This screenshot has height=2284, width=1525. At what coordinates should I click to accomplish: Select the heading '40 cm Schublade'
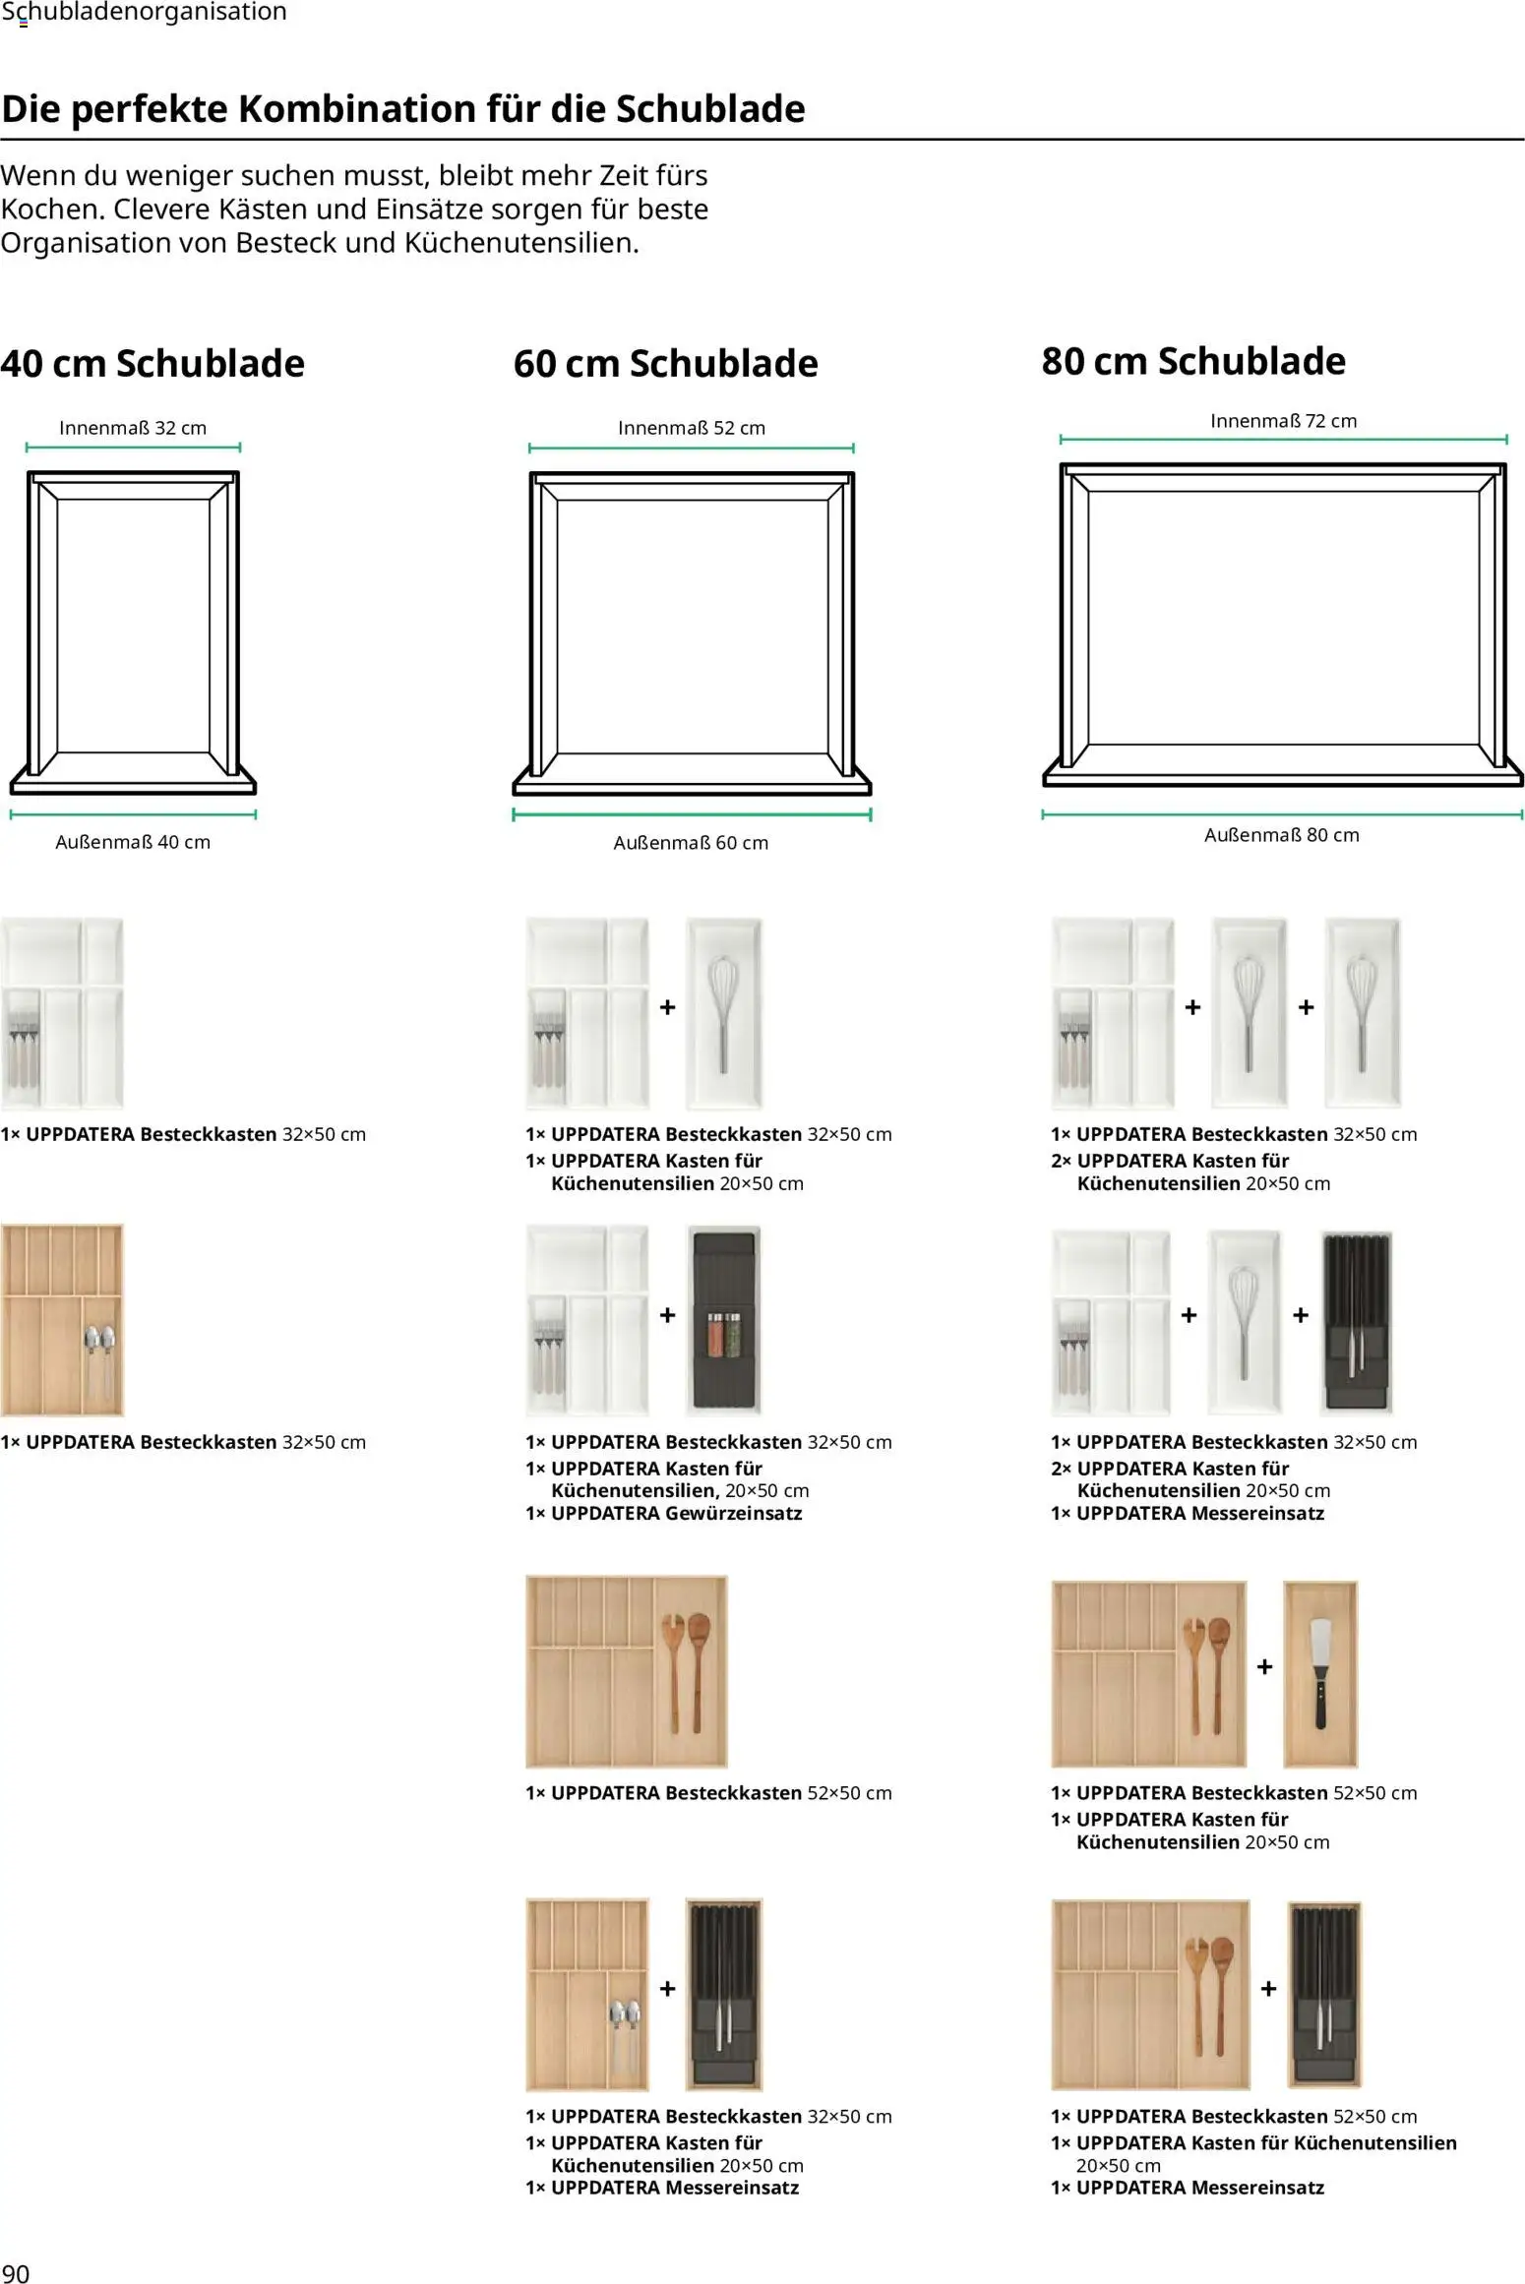coord(152,363)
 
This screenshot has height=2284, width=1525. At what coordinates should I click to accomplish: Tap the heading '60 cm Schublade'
coord(665,363)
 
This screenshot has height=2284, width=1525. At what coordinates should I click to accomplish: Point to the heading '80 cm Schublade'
coord(1193,361)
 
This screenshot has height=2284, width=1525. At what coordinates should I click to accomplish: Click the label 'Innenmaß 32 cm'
coord(133,428)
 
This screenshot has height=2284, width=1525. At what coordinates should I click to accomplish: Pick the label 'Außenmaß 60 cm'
coord(691,843)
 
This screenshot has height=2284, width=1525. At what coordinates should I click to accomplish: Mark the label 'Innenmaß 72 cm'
coord(1283,421)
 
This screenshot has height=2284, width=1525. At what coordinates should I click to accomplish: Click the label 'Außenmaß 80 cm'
coord(1281,835)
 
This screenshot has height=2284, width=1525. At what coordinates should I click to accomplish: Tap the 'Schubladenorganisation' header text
coord(145,12)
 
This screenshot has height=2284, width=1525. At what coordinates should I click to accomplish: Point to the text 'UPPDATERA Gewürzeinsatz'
coord(676,1513)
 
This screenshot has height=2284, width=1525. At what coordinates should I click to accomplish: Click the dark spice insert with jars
coord(723,1319)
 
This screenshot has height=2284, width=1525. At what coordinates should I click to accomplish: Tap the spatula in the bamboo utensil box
coord(1320,1672)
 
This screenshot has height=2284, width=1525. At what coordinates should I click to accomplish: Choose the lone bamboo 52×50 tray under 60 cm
coord(627,1671)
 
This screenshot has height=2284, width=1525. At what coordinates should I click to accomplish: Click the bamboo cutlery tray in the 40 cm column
coord(62,1319)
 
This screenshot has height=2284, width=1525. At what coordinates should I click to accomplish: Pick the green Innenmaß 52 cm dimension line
coord(691,448)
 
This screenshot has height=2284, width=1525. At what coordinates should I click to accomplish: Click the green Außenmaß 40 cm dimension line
coord(133,814)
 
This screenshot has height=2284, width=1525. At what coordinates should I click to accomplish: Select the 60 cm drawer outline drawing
coord(692,633)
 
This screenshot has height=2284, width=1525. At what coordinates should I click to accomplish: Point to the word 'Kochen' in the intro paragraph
coord(52,209)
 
